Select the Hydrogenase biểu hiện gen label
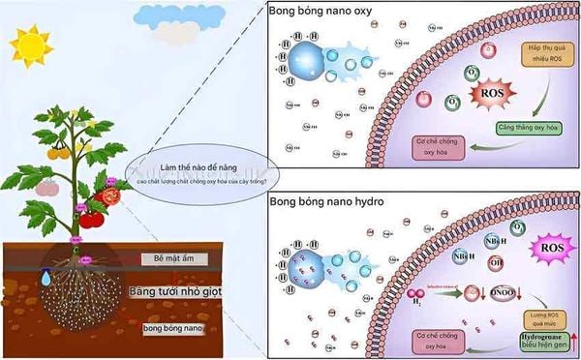pyautogui.click(x=537, y=341)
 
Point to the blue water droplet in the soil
pyautogui.click(x=45, y=278)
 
